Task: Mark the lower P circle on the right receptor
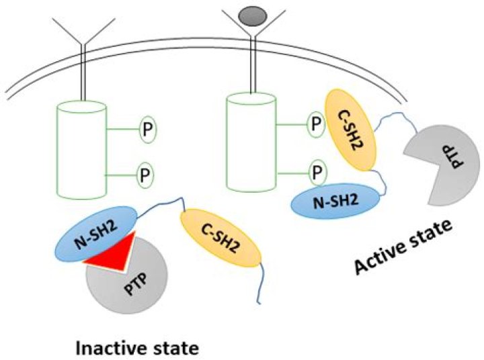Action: tap(315, 171)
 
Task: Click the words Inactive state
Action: tap(138, 349)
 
